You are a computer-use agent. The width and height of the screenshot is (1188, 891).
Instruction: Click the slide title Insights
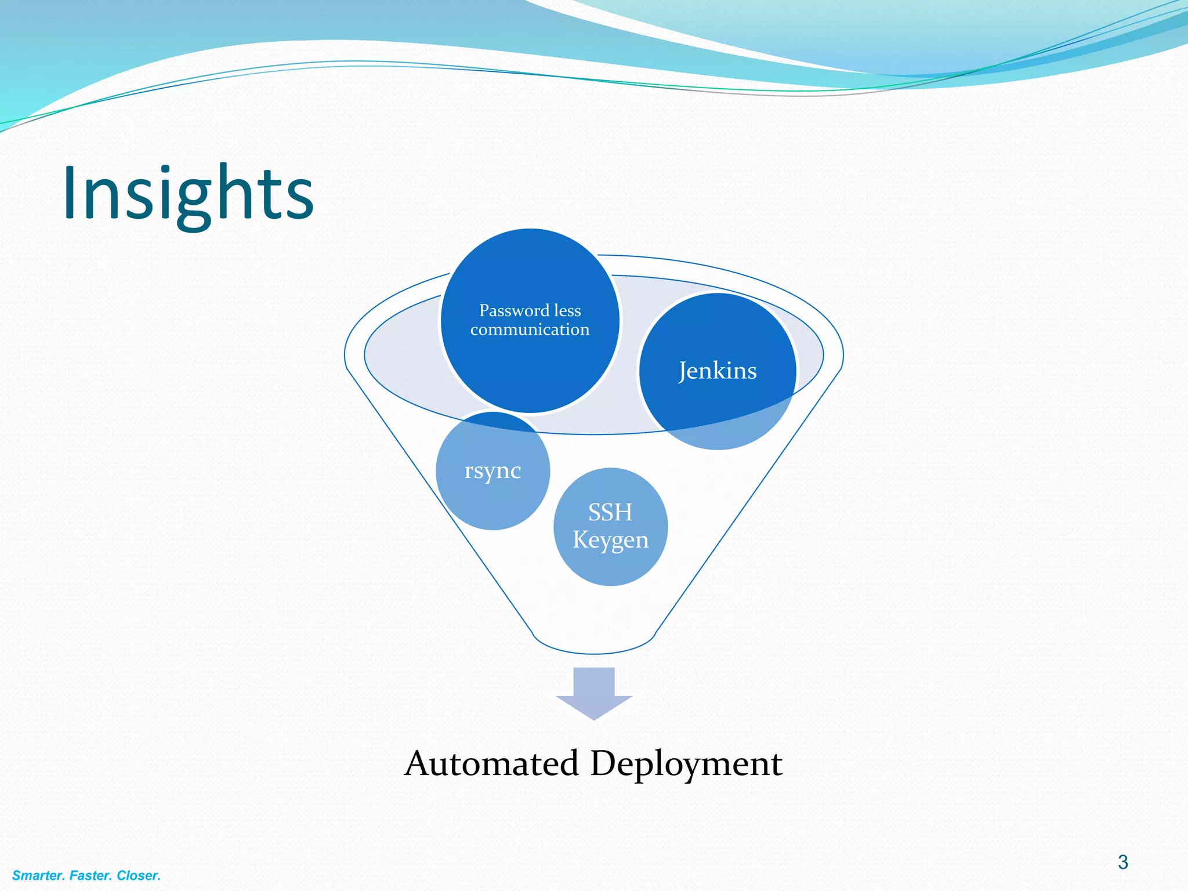click(188, 194)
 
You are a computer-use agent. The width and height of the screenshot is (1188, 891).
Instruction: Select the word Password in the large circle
click(514, 311)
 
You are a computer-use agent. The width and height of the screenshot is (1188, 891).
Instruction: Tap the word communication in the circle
click(530, 330)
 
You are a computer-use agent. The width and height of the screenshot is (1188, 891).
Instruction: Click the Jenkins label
click(718, 371)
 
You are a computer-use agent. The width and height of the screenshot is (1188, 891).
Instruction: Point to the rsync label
click(492, 470)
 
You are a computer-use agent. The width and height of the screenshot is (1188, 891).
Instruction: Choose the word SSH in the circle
click(610, 512)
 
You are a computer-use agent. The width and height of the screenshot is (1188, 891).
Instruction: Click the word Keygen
click(610, 540)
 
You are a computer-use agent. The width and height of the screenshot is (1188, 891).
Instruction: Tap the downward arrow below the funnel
click(594, 693)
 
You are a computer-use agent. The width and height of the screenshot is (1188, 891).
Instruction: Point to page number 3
click(1122, 863)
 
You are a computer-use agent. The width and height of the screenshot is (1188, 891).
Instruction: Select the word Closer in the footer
click(139, 875)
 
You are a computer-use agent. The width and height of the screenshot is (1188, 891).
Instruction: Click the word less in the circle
click(567, 311)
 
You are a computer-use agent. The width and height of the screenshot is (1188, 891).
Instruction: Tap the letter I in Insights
click(71, 193)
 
